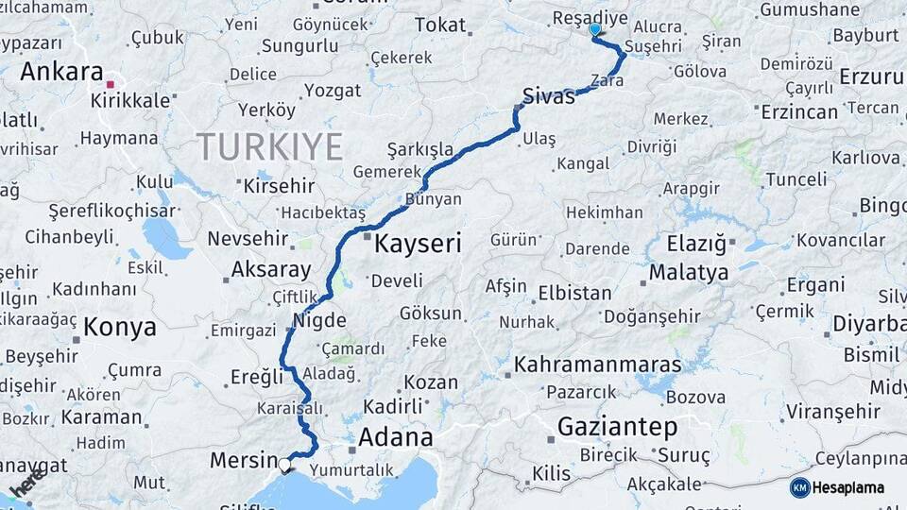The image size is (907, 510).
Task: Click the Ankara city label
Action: tap(61, 72)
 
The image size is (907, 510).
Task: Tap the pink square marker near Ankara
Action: tap(111, 85)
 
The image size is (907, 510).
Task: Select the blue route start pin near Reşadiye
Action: tap(594, 30)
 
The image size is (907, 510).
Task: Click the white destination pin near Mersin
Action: tap(284, 464)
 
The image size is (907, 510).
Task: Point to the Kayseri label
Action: tap(418, 245)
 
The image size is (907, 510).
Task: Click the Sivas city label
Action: tap(548, 96)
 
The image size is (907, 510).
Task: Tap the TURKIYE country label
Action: tap(269, 146)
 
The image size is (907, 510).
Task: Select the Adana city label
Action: tap(395, 438)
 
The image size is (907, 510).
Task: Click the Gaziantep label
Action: tap(617, 427)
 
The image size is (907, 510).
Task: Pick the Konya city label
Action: tap(120, 328)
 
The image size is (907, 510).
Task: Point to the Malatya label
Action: tap(689, 273)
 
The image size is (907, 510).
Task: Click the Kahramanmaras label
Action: tap(597, 365)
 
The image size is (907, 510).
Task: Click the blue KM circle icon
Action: tap(799, 487)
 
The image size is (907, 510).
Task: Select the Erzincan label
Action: tap(798, 112)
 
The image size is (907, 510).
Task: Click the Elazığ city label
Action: tap(696, 245)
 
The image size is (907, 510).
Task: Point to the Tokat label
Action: tap(441, 25)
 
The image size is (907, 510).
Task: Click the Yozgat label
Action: tap(332, 91)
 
